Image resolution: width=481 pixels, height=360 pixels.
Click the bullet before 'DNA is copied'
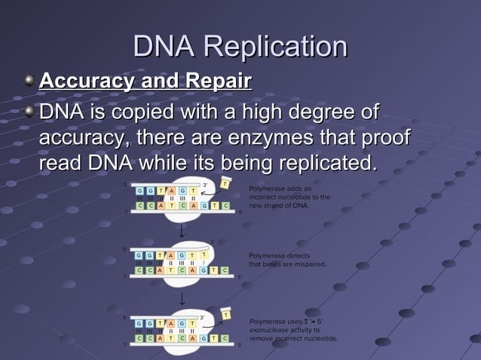[x=29, y=113]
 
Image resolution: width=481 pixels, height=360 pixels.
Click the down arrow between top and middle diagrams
[x=181, y=231]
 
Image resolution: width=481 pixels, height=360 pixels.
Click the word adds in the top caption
[x=293, y=188]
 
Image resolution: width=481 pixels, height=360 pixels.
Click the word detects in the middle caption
[x=293, y=255]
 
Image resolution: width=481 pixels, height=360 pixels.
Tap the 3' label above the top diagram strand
[x=204, y=182]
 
